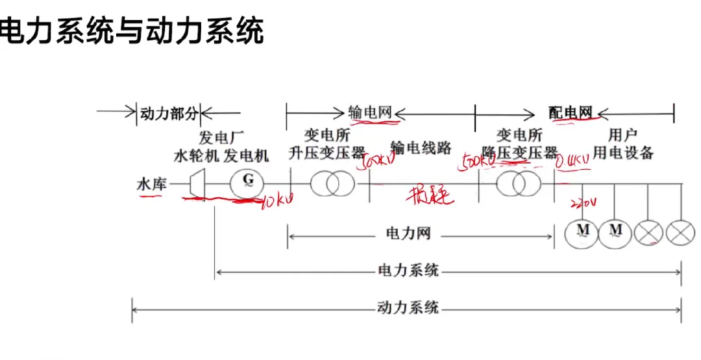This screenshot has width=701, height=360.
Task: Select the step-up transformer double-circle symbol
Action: (x=332, y=184)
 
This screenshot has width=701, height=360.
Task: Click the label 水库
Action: (x=151, y=184)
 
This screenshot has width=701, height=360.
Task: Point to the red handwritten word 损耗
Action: (x=428, y=195)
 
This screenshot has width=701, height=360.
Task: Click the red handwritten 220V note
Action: (x=582, y=206)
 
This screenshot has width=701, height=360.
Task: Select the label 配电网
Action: (x=571, y=112)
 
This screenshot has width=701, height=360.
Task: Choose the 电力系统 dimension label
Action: (x=408, y=270)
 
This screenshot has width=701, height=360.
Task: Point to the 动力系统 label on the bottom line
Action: (x=408, y=307)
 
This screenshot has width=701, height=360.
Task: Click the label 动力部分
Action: (x=168, y=114)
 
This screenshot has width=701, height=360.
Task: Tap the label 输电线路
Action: (x=421, y=149)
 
